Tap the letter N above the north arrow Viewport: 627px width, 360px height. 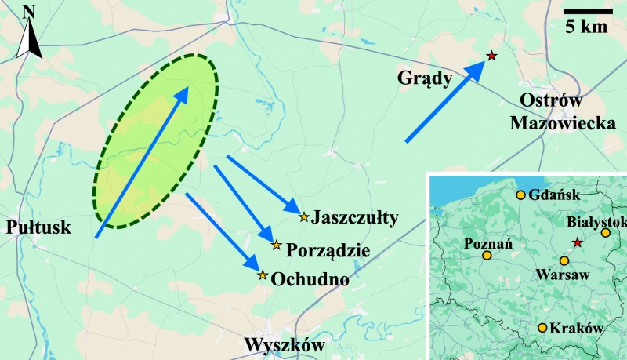[x=29, y=11]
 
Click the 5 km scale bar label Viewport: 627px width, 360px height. [x=587, y=27]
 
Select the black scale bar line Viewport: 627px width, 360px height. [x=587, y=11]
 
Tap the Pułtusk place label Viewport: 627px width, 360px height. [x=38, y=227]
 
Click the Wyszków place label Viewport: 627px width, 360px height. [x=283, y=345]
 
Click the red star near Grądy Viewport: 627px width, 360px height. [x=491, y=56]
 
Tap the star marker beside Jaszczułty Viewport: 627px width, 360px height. [x=303, y=216]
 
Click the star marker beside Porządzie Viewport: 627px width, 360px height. [x=276, y=245]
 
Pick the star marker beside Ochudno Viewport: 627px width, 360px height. [x=263, y=275]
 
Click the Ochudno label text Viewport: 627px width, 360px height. [x=310, y=277]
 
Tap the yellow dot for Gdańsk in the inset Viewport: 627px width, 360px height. [x=520, y=195]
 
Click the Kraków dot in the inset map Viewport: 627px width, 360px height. [x=542, y=328]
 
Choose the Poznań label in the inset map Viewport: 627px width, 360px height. [x=488, y=243]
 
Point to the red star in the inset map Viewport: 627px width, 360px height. [x=578, y=243]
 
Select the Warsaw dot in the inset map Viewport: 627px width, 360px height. [x=564, y=260]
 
